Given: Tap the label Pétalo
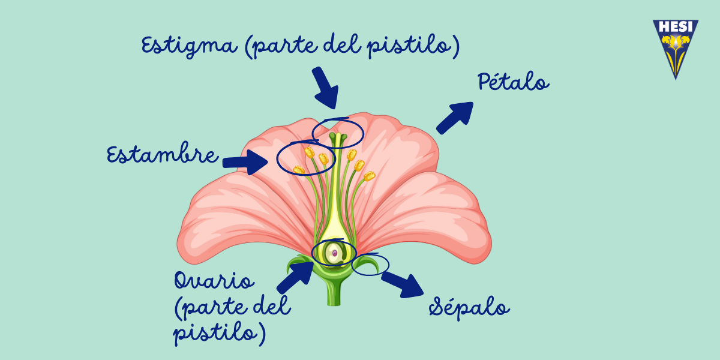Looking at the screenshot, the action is (514, 82).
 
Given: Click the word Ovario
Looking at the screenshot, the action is (214, 280).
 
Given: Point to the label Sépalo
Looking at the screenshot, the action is (469, 308).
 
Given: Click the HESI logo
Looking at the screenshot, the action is (676, 49).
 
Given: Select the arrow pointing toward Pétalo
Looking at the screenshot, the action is (455, 118).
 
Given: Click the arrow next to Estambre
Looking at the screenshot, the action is (245, 163).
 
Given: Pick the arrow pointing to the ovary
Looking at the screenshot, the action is (295, 277).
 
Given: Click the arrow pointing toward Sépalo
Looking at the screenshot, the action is (403, 284).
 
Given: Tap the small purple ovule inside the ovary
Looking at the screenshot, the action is (335, 253).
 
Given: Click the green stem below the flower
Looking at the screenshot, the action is (334, 293).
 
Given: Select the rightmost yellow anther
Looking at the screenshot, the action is (370, 176).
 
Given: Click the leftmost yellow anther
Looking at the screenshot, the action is (299, 170).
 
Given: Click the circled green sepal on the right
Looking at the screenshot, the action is (368, 263).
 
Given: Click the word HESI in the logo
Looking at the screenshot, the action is (676, 27).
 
